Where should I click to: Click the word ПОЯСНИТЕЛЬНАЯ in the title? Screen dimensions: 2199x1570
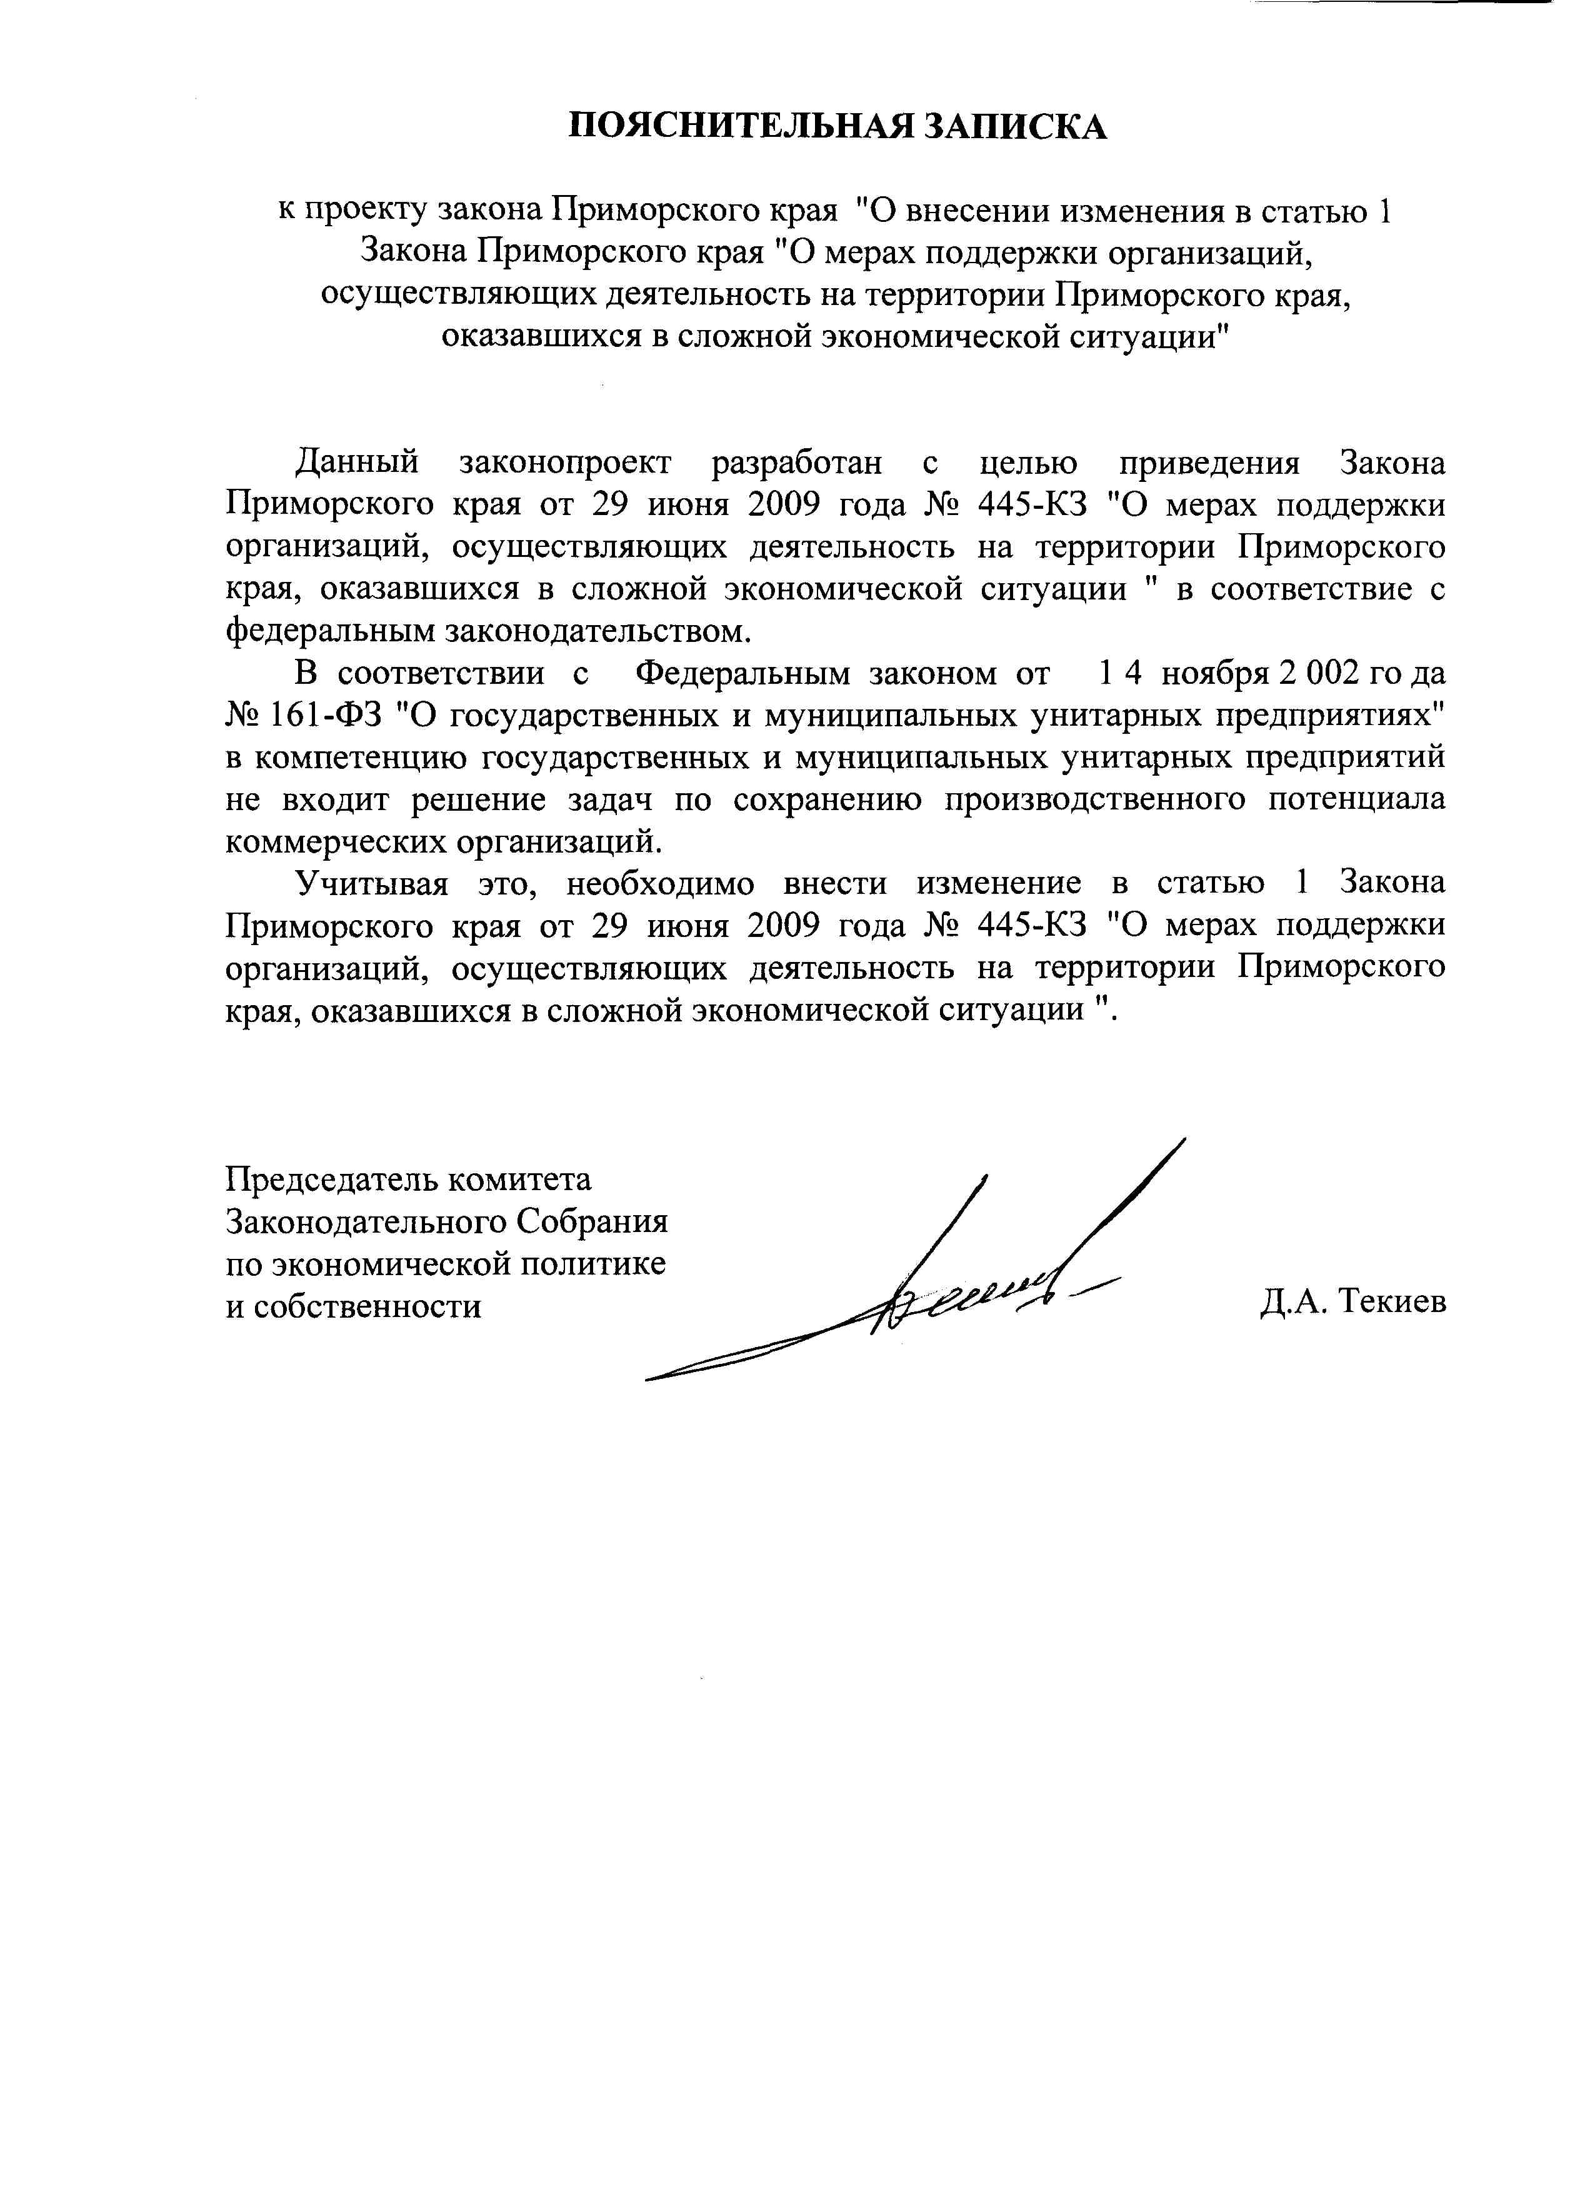(739, 127)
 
